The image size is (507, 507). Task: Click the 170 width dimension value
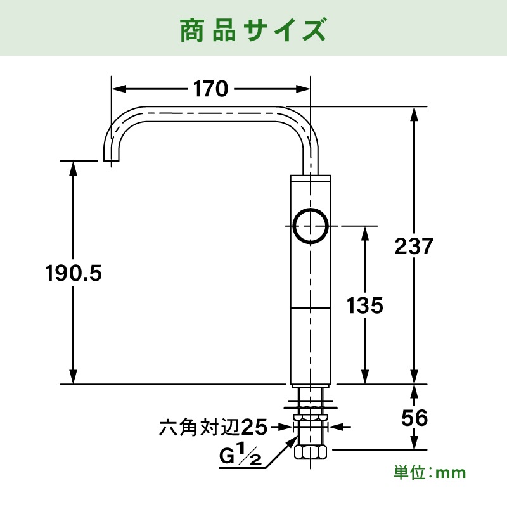click(210, 89)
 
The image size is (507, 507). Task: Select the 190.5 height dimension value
click(74, 273)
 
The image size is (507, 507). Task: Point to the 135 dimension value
click(365, 306)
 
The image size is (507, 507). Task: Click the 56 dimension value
click(414, 418)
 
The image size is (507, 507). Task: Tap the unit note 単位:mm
click(429, 472)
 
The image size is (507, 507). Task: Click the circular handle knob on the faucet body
click(311, 226)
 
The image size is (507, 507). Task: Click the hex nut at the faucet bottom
click(311, 452)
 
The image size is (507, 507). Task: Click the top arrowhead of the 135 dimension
click(365, 231)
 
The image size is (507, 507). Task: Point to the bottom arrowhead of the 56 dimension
click(414, 445)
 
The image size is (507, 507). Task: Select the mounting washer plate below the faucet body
click(311, 400)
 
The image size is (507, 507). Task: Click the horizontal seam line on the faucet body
click(311, 308)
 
